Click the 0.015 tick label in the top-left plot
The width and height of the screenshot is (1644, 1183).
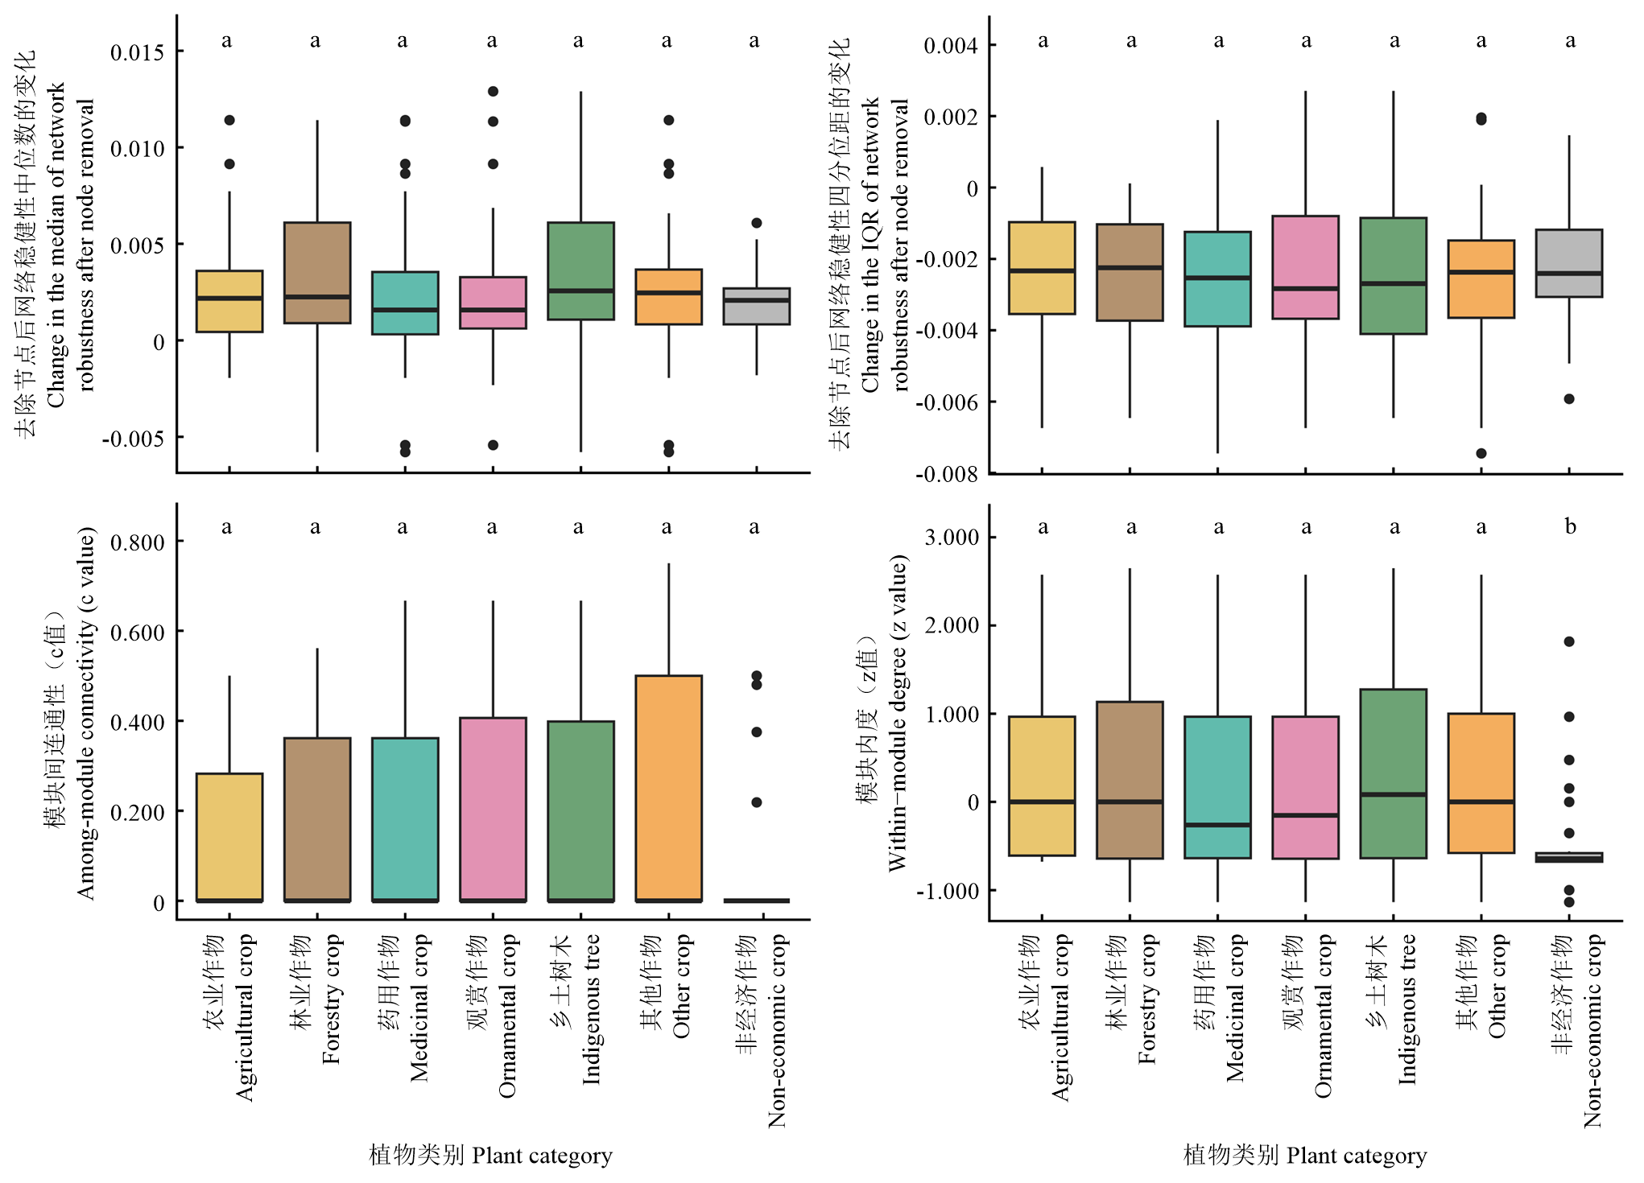(137, 52)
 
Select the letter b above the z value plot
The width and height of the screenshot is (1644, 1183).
(1570, 526)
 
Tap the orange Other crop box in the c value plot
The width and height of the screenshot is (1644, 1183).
(668, 789)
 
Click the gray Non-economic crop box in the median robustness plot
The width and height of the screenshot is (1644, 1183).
(756, 306)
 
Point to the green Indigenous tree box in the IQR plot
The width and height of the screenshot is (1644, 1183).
(1394, 275)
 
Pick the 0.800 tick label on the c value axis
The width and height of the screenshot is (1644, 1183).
(137, 542)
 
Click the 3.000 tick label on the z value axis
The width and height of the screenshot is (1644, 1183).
(951, 537)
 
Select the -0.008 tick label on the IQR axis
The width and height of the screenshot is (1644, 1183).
(947, 474)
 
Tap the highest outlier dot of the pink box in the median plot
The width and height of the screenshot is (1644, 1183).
(493, 92)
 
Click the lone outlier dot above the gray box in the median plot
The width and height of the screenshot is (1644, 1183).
(756, 223)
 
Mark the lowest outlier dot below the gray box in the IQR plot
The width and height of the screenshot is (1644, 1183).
(1569, 399)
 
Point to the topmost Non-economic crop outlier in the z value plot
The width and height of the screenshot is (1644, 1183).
(1569, 641)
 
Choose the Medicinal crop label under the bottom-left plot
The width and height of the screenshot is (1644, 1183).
(419, 1008)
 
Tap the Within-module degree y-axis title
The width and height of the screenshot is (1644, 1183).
(897, 712)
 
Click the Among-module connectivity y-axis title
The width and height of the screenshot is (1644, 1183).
(85, 713)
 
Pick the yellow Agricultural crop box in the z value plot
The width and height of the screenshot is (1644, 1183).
(1042, 785)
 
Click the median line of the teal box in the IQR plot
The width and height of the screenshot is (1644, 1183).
(1217, 278)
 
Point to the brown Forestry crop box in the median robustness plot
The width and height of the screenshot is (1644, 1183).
(317, 273)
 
